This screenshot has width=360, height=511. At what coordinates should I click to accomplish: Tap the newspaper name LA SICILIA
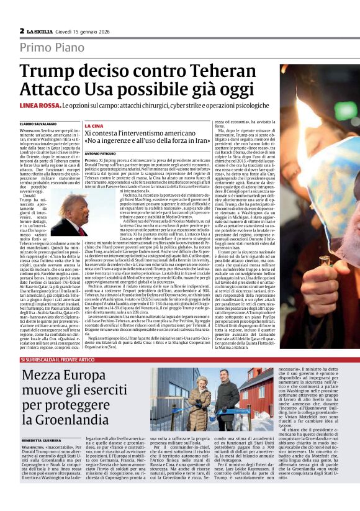[x=43, y=30]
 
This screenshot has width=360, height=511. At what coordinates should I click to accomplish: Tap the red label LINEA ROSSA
[x=37, y=107]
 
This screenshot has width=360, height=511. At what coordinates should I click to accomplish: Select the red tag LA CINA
[x=94, y=126]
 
